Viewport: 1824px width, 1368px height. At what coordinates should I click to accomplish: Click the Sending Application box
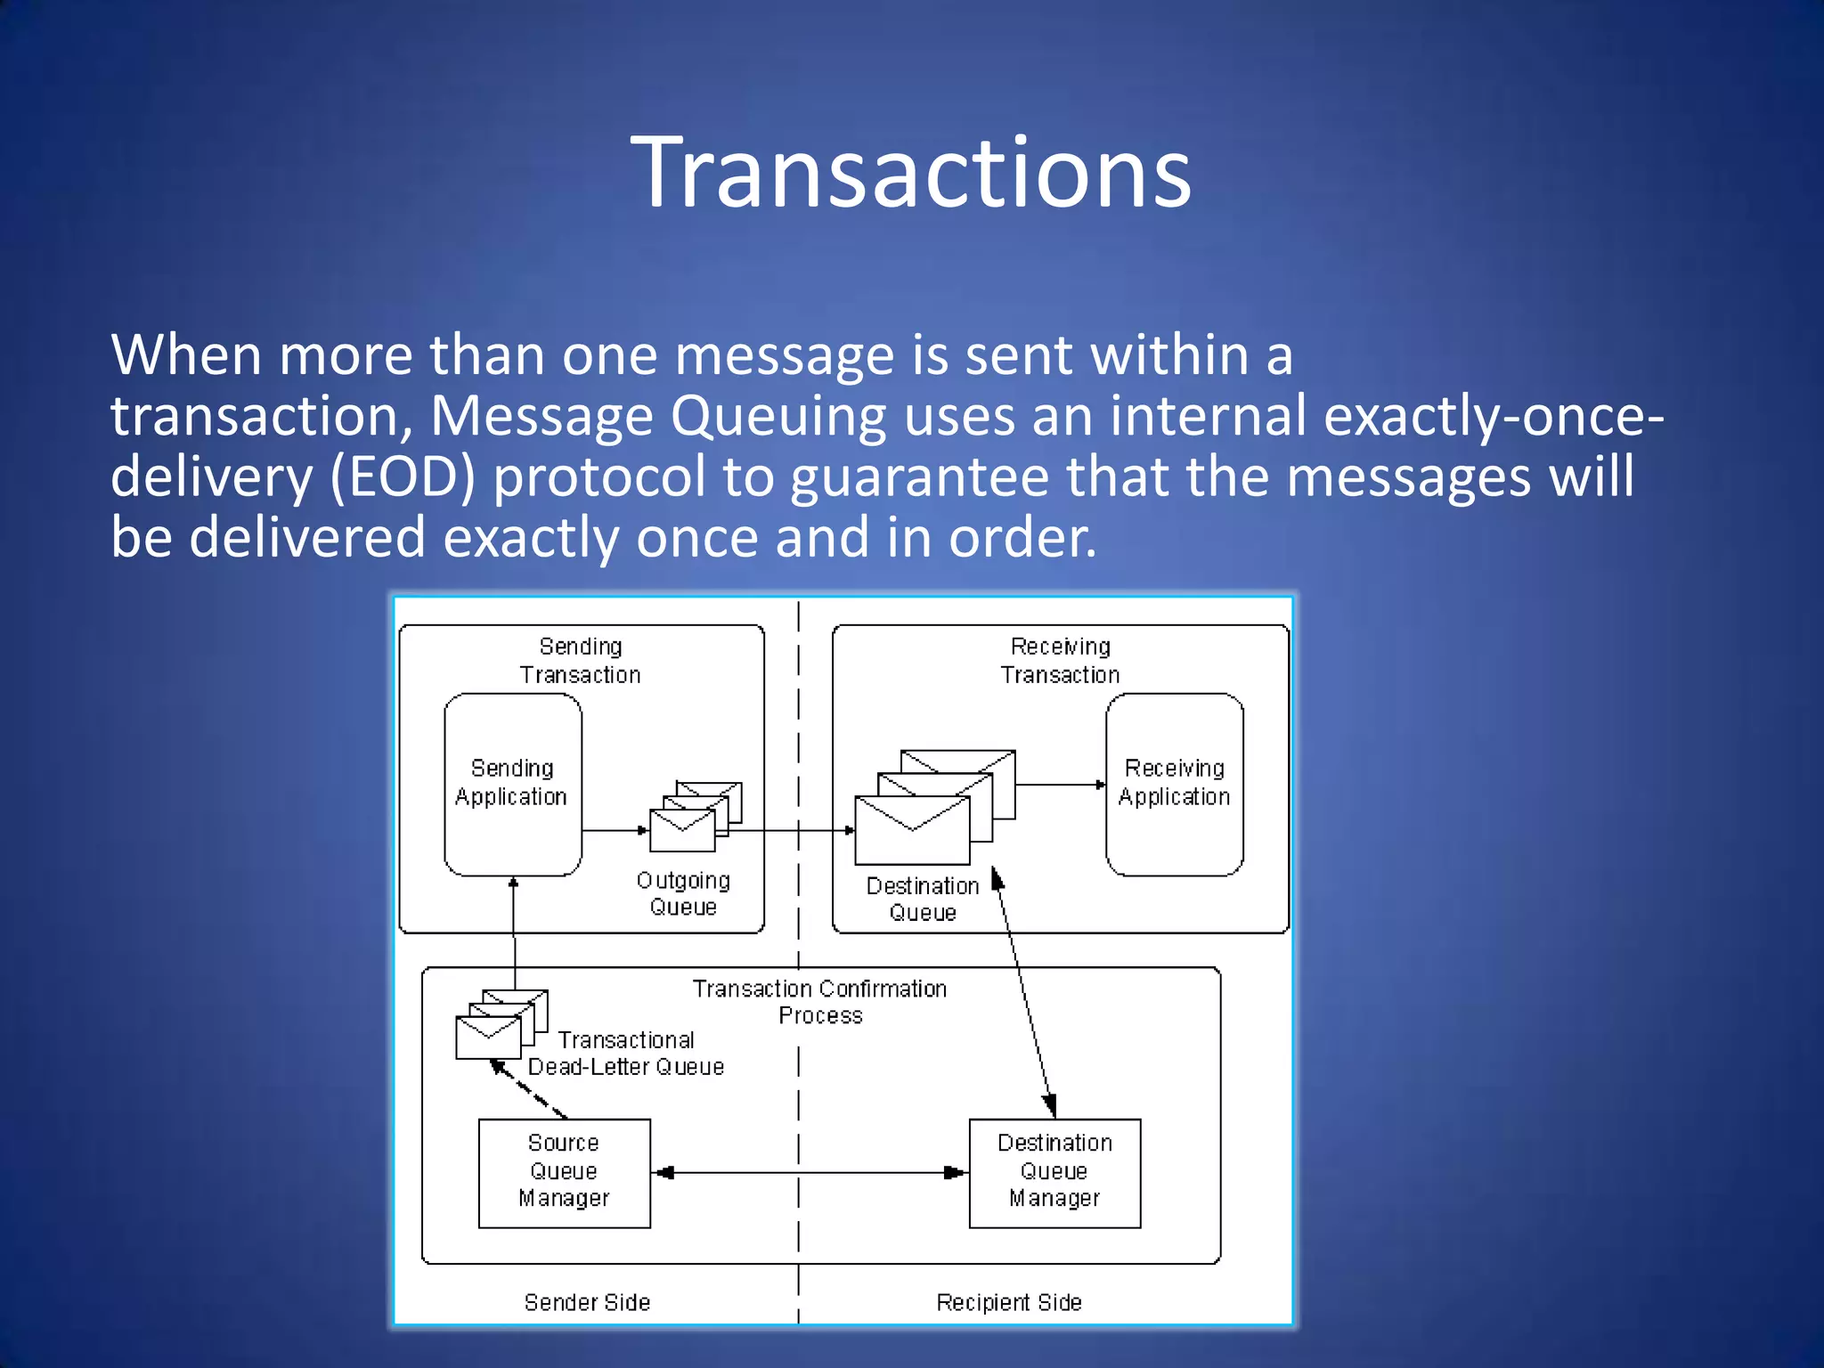point(512,784)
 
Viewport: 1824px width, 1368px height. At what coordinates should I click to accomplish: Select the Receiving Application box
point(1174,784)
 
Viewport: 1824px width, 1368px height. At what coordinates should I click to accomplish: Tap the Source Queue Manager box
point(564,1172)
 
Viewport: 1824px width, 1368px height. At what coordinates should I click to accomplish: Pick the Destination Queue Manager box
point(1054,1172)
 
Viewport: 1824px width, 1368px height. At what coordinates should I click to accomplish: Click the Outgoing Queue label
point(683,893)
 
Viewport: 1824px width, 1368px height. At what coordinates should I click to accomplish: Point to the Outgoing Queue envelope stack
point(694,817)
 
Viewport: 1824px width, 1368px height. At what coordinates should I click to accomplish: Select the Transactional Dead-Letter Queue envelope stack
point(500,1024)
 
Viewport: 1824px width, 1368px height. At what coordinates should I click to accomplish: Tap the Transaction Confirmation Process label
point(819,1002)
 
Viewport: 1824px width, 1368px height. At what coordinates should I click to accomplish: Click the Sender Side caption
point(587,1302)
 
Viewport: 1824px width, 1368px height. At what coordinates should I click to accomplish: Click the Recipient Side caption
point(1008,1302)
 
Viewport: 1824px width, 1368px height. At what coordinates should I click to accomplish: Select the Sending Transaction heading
point(580,661)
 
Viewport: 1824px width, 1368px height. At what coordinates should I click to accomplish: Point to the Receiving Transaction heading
point(1060,661)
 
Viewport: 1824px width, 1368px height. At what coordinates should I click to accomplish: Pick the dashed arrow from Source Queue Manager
point(529,1089)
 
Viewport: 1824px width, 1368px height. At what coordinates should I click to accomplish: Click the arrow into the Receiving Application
point(1060,785)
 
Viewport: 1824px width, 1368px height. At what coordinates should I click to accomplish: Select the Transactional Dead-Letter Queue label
point(625,1054)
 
